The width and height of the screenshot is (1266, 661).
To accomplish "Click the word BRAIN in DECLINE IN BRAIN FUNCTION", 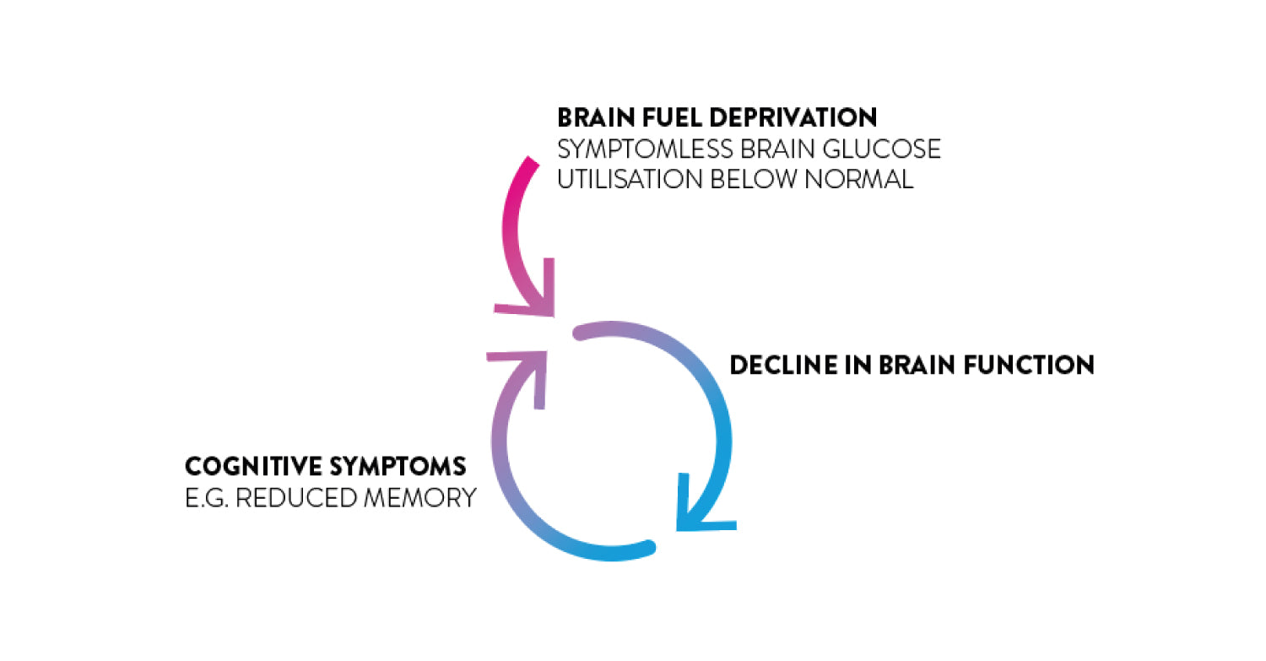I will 915,365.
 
